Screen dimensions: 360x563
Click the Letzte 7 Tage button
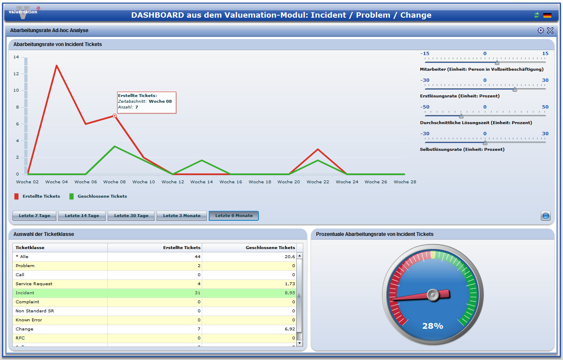(35, 216)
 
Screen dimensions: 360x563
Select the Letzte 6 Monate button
(234, 216)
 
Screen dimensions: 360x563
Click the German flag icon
(547, 15)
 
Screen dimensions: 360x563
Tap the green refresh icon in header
(536, 15)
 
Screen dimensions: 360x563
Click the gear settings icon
(540, 30)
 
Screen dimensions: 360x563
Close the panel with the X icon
(550, 30)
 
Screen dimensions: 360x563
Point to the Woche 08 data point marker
(115, 116)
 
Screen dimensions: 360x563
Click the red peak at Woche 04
(56, 65)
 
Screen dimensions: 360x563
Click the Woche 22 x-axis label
(318, 182)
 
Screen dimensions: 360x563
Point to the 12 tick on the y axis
(16, 74)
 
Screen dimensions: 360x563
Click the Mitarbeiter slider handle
(497, 63)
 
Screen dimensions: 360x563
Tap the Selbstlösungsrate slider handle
(485, 143)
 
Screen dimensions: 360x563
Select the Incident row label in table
(25, 293)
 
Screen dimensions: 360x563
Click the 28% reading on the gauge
(433, 326)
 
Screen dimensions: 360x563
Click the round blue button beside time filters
(545, 216)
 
